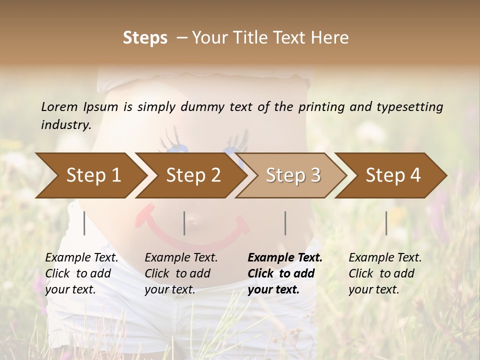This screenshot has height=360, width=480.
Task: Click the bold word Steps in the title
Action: (x=145, y=38)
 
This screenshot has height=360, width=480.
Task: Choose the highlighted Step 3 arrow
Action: (x=293, y=175)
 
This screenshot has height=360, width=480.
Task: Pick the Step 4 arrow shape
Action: (x=393, y=175)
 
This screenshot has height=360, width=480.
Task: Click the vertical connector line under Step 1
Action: (x=84, y=223)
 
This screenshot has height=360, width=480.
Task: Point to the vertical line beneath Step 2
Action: (x=184, y=223)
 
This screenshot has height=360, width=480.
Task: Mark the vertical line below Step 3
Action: (x=285, y=223)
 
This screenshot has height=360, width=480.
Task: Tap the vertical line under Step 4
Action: (x=386, y=223)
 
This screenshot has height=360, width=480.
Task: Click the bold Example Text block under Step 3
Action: (x=285, y=273)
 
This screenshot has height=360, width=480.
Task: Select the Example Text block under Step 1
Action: (x=81, y=273)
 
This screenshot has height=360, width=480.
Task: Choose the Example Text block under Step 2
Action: (x=181, y=273)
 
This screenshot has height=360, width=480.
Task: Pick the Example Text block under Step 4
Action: (x=385, y=273)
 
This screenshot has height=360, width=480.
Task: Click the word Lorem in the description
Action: (x=59, y=106)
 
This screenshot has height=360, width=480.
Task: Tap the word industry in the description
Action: (x=65, y=125)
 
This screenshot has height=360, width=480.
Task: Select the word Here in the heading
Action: (x=330, y=38)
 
